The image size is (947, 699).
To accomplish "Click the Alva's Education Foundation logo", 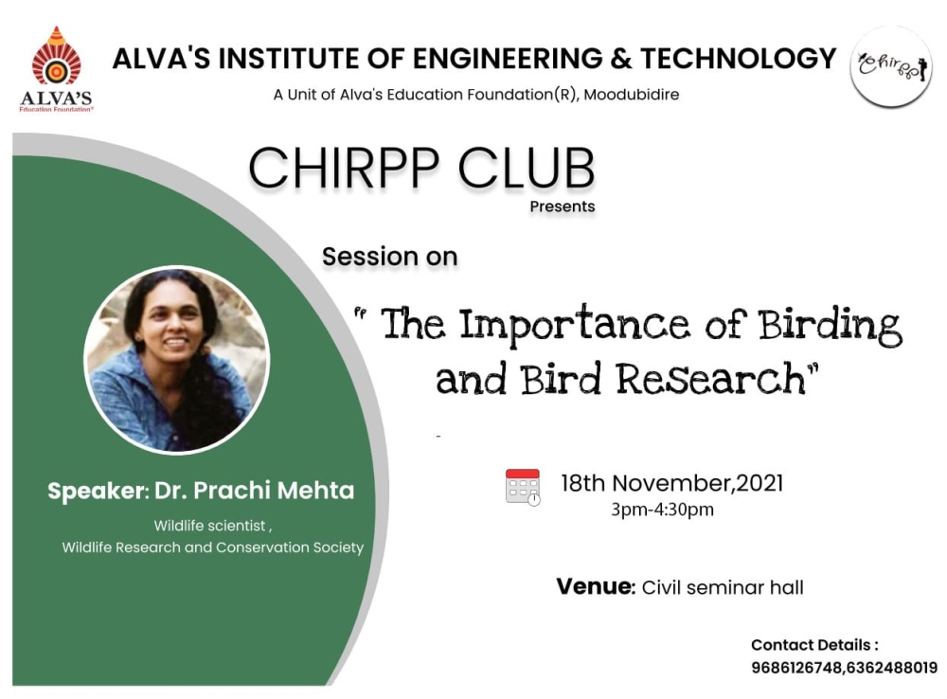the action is [56, 69].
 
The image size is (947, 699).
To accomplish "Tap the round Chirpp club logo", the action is [891, 66].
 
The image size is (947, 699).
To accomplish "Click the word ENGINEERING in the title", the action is [508, 59].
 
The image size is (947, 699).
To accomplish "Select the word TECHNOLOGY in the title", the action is [738, 59].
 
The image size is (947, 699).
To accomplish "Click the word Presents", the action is [563, 206].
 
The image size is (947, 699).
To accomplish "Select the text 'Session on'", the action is [389, 257].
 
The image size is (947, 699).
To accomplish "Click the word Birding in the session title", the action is [831, 326].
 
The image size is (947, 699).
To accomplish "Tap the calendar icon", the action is [523, 487].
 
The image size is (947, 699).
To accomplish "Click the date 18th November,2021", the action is [672, 483].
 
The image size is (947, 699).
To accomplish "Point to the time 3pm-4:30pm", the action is [663, 510].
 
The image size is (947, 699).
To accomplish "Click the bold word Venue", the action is [596, 586].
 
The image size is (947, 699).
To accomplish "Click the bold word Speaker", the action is [97, 491].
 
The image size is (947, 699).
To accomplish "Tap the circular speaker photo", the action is [177, 360].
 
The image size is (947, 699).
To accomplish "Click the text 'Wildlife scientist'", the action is [209, 526].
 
